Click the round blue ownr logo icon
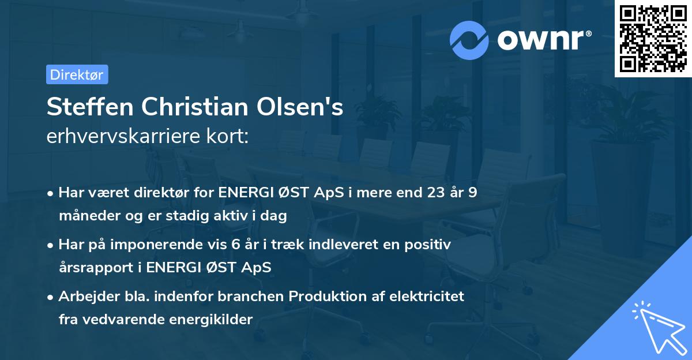pos(469,40)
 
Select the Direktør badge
pos(77,74)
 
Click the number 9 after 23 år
pos(473,193)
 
